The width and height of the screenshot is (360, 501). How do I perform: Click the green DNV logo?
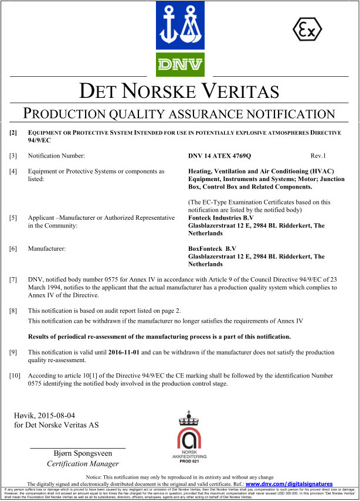(179, 64)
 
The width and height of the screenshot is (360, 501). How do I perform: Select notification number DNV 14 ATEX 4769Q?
(219, 156)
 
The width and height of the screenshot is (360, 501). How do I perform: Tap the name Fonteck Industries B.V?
(225, 218)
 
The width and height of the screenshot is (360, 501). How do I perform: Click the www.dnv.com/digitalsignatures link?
(288, 484)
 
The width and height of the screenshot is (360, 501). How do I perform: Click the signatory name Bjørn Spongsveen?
(77, 454)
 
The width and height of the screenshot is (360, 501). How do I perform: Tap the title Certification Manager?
(77, 464)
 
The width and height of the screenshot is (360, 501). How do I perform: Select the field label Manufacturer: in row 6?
(47, 248)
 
